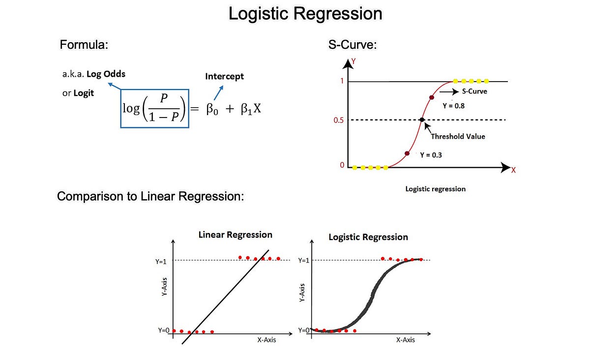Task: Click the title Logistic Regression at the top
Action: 305,13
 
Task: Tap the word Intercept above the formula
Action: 224,76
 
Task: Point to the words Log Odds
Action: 106,74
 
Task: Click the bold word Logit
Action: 84,93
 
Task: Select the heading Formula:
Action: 84,45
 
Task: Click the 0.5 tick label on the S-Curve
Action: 338,120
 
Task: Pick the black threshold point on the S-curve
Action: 422,120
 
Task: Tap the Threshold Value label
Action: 458,136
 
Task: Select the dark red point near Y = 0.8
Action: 432,97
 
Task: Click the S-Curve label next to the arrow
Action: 474,91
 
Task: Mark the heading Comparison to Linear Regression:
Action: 150,196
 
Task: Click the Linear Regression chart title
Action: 235,235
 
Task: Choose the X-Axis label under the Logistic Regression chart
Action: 405,340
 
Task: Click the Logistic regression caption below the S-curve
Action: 435,188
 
